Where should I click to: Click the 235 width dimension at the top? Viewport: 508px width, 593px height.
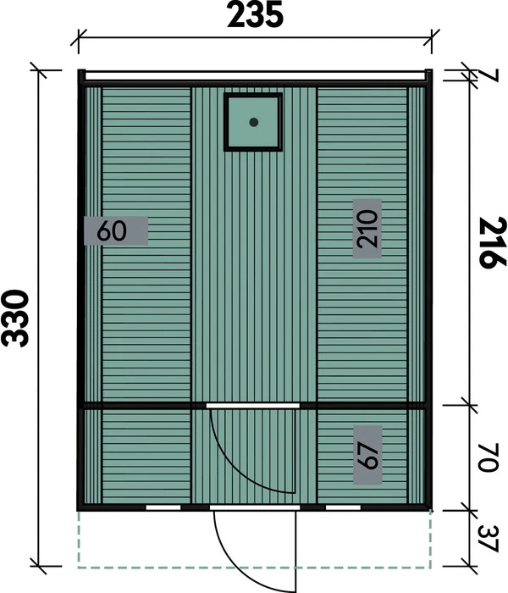(255, 16)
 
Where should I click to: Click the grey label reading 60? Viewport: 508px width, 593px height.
(117, 230)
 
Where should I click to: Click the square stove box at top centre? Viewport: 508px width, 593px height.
(253, 123)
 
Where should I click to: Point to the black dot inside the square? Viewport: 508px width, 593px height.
(253, 123)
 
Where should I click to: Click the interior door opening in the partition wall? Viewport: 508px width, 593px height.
(253, 407)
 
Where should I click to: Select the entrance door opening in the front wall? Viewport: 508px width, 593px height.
(253, 508)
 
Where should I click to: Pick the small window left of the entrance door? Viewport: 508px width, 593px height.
(163, 508)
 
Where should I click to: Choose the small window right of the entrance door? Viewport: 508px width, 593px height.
(344, 508)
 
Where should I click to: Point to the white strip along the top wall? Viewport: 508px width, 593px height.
(254, 75)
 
